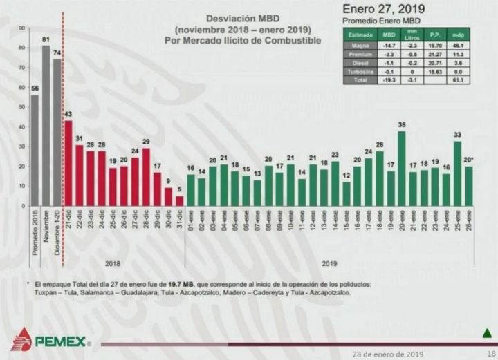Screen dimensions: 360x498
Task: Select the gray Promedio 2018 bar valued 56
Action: pos(35,150)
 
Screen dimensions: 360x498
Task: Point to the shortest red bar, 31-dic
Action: pos(180,200)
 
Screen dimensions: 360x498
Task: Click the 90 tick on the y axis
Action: pos(22,28)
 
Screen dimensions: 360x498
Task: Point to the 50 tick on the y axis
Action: pos(22,107)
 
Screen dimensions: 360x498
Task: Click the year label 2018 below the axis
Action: pos(113,263)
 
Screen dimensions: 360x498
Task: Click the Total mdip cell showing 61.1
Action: pos(456,79)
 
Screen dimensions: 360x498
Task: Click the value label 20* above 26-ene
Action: pos(469,160)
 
